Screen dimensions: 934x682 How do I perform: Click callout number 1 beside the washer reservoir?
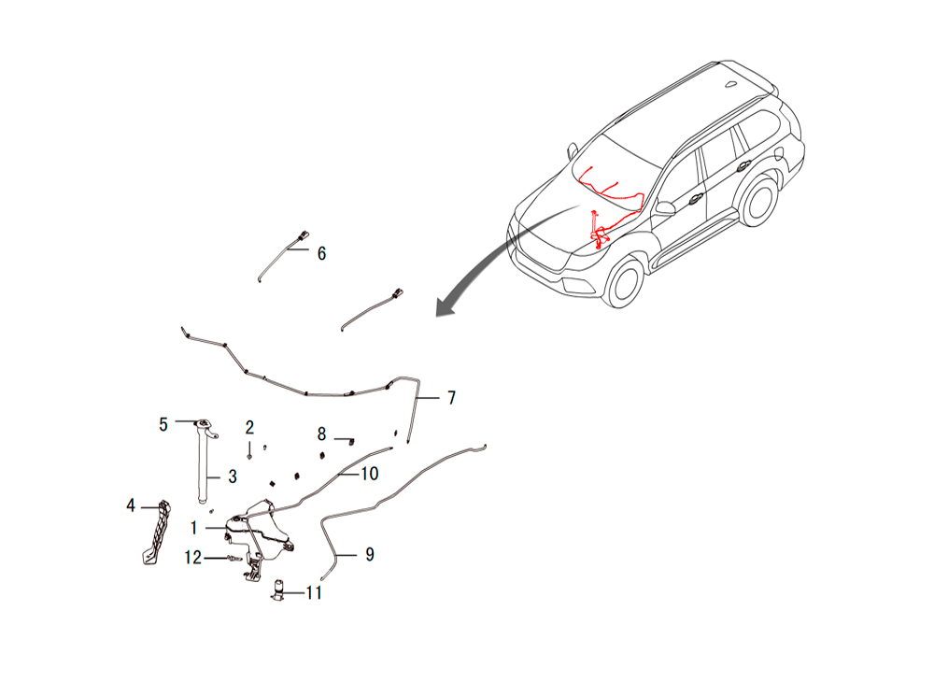tap(193, 528)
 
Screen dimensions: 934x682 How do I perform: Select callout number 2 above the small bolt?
tap(249, 427)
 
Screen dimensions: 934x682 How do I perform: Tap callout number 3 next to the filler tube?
tap(233, 476)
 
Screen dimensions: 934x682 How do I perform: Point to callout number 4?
tap(131, 505)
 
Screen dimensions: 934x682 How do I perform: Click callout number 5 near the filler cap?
tap(163, 425)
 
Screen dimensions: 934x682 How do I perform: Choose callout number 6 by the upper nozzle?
tap(321, 254)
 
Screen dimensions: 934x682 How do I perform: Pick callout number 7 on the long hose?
tap(451, 398)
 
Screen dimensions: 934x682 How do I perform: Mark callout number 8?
tap(321, 434)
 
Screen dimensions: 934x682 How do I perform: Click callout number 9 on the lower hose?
tap(370, 555)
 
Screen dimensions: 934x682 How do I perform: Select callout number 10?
tap(369, 474)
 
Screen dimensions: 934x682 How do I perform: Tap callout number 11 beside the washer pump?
tap(314, 592)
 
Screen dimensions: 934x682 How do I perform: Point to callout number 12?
tap(193, 558)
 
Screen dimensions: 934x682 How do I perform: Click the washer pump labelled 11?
tap(278, 590)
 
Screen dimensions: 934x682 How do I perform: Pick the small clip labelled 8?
tap(351, 441)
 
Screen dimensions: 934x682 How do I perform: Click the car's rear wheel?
tap(758, 200)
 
